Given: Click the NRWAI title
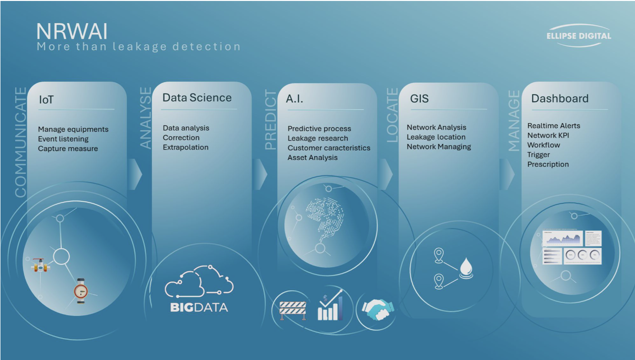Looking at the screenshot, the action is coord(72,31).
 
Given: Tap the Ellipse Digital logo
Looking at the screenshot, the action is coord(579,36).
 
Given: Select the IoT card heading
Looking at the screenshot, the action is coord(46,100).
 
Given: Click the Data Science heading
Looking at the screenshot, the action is coord(197,97).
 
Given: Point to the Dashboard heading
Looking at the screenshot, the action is coord(560,98).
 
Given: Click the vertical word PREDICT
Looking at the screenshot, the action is coord(270,120).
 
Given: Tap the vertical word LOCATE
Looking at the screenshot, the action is coord(392,115).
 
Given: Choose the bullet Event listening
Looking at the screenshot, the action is coord(63,139).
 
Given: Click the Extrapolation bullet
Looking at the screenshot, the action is coord(186,147).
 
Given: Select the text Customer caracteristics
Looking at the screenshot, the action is coord(329,148).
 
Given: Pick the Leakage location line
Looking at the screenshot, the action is coord(436,137).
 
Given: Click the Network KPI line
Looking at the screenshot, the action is coord(548,135).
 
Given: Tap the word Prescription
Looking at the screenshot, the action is coord(548,164).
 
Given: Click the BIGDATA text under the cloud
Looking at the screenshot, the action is coord(199,307).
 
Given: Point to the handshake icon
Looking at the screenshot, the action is coord(378,310).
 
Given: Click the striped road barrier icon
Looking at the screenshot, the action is coord(293,311).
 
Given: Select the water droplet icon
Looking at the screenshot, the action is coord(466,268).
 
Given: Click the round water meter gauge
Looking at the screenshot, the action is coord(81,291).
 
